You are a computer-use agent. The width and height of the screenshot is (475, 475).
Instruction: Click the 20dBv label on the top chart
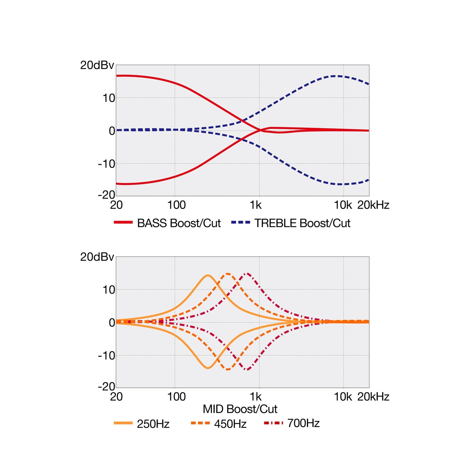97,65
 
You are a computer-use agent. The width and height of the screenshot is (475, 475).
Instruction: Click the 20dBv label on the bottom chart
97,257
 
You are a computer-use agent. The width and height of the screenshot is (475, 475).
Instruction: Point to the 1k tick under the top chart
256,205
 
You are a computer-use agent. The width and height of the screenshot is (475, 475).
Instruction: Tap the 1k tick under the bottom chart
256,397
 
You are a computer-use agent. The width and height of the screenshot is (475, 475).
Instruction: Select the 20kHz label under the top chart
373,205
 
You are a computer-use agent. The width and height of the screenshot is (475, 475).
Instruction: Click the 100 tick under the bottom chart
176,397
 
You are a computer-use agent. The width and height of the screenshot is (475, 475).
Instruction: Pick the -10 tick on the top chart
107,164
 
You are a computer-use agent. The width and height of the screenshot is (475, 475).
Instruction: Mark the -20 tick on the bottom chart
107,387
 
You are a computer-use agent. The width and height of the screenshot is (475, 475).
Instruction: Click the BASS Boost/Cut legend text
179,223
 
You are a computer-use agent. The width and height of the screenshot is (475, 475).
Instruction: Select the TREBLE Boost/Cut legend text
302,223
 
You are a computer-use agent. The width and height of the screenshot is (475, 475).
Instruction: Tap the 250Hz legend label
153,424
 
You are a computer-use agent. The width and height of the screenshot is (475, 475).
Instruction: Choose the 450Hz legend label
230,424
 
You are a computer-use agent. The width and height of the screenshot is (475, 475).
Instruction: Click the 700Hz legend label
303,423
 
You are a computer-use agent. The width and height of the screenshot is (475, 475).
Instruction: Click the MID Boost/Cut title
240,409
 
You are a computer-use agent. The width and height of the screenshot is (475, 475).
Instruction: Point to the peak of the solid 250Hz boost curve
208,275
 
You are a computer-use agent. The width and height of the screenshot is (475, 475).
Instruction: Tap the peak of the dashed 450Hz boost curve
228,273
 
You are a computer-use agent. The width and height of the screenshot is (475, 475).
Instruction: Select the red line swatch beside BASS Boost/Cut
123,222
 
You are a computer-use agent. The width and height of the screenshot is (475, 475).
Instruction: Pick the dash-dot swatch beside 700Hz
273,423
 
